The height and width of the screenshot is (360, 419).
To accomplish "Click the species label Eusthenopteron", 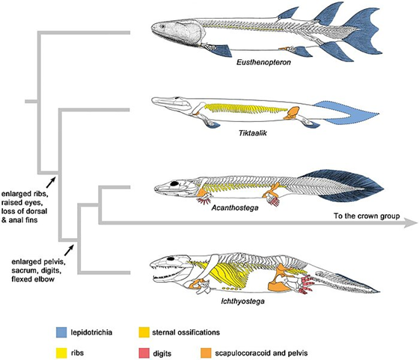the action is point(263,63).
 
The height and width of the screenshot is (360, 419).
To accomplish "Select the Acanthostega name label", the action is point(235,207).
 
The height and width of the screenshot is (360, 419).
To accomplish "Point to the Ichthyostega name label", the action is point(243,302).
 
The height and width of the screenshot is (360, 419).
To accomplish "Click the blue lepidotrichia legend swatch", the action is point(61,332).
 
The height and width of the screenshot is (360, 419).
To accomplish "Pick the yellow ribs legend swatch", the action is point(61,353).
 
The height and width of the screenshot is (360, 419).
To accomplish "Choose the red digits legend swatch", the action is point(144,353).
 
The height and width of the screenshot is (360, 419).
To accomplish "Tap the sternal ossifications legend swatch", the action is point(144,332).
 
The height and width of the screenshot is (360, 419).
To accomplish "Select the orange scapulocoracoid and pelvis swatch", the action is point(206,353).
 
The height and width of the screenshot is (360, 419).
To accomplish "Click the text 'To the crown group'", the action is point(367,216).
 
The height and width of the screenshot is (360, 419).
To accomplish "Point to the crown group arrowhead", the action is point(411,222).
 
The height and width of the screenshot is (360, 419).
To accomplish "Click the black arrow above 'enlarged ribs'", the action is point(51,183).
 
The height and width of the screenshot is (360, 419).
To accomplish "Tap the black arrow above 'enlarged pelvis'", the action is point(69,250).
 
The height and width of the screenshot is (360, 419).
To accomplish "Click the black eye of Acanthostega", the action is point(175,183).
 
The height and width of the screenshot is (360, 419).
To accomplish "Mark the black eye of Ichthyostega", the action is point(171,258).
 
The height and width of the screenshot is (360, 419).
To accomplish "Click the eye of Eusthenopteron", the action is point(162,26).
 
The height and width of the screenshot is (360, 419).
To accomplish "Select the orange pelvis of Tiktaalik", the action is point(292,113).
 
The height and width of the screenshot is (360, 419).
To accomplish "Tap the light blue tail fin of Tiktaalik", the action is point(347,114).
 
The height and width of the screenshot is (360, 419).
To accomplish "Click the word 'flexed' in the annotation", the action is point(22,279).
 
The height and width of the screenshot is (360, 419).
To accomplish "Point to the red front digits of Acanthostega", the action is point(204,201).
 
